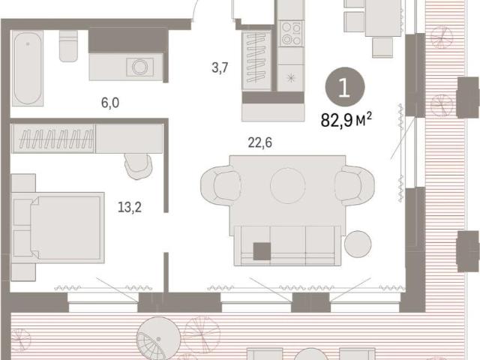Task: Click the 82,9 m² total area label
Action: click(x=346, y=120)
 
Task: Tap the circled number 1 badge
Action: click(x=345, y=87)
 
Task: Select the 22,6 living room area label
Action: click(x=260, y=142)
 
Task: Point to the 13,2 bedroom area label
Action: click(x=130, y=207)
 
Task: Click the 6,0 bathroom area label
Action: click(x=110, y=103)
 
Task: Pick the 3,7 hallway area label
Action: click(x=220, y=67)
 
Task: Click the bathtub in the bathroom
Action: click(x=28, y=68)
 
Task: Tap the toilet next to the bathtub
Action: click(x=68, y=46)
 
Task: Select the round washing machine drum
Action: click(x=140, y=67)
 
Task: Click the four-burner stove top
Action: click(x=291, y=34)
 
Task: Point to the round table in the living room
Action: click(x=288, y=185)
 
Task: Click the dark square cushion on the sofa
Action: click(x=262, y=251)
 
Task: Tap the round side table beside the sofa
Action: click(x=358, y=244)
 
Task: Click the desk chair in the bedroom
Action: click(x=139, y=166)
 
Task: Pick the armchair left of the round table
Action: click(x=220, y=185)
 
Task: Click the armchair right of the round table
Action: click(x=355, y=185)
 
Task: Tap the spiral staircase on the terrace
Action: click(x=158, y=338)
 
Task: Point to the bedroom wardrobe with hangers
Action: click(x=52, y=138)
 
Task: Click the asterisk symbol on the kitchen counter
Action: click(x=291, y=78)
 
